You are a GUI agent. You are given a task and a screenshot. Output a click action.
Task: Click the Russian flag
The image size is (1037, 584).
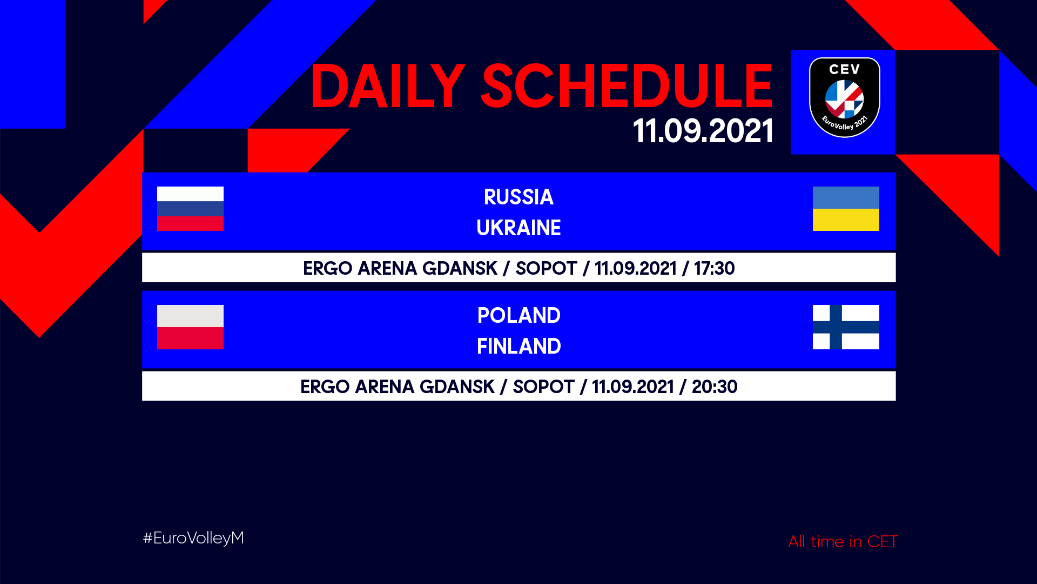[x=190, y=209]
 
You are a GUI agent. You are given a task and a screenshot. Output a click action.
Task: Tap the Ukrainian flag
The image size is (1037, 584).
[x=846, y=209]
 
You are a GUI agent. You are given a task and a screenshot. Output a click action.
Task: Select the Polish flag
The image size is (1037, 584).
[x=190, y=327]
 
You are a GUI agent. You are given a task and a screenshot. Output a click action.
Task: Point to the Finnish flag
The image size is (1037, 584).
[x=846, y=327]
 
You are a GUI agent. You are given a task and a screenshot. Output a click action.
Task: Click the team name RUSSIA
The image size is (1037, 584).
[x=518, y=197]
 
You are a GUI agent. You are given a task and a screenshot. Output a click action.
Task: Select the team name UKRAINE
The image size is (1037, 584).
[x=518, y=228]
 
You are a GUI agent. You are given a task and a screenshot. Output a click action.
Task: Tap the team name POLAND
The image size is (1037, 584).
[x=518, y=316]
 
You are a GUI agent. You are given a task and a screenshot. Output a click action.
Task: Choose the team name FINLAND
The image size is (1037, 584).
[x=518, y=347]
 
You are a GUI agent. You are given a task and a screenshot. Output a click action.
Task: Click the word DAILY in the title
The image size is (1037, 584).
[x=387, y=87]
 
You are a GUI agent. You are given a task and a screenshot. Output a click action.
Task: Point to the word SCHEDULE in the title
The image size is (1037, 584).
[x=627, y=86]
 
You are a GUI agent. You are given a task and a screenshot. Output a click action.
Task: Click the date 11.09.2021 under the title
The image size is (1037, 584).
[x=703, y=131]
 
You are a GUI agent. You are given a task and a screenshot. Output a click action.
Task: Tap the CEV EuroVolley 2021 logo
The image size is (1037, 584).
[x=844, y=97]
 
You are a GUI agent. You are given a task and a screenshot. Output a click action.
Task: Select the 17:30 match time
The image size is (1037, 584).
[x=714, y=268]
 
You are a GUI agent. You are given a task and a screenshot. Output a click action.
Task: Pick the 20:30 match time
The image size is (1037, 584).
[x=715, y=387]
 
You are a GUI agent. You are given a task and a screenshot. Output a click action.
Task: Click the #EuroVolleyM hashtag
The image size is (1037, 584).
[x=193, y=538]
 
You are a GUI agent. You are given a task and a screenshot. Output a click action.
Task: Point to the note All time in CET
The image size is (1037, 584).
[x=843, y=541]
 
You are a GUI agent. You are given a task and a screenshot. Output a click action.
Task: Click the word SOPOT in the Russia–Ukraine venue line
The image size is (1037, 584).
[x=546, y=268]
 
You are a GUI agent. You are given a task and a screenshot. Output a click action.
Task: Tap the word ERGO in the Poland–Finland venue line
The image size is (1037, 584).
[x=325, y=387]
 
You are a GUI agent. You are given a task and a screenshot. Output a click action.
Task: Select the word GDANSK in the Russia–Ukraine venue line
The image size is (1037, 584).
[x=460, y=268]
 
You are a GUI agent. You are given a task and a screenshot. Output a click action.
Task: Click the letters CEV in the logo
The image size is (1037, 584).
[x=844, y=70]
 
